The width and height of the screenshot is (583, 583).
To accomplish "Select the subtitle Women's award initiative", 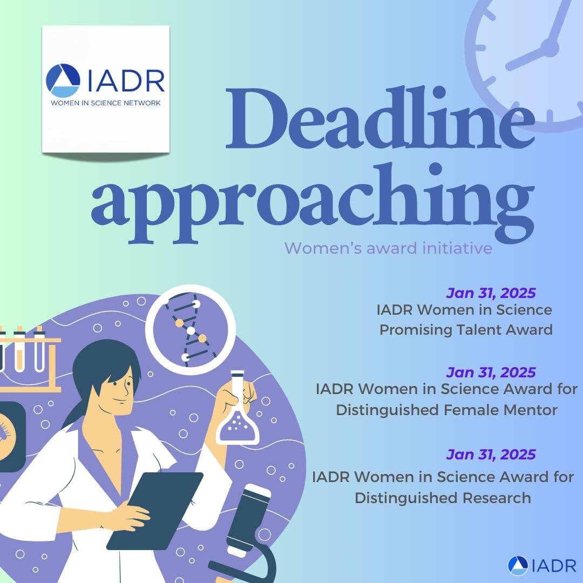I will pyautogui.click(x=388, y=248).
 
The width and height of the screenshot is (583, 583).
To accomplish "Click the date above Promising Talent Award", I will pyautogui.click(x=491, y=293).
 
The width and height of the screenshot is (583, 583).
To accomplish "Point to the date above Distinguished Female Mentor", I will pyautogui.click(x=491, y=372).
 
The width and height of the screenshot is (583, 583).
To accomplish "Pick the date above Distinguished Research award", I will pyautogui.click(x=491, y=454).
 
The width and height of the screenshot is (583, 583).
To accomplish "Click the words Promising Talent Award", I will pyautogui.click(x=466, y=329).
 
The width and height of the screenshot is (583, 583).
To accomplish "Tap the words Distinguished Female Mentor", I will pyautogui.click(x=446, y=410).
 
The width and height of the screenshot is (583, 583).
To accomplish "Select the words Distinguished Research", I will pyautogui.click(x=443, y=497).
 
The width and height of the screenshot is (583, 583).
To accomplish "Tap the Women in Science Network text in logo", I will pyautogui.click(x=105, y=102).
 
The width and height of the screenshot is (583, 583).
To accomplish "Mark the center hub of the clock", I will pyautogui.click(x=550, y=48).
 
